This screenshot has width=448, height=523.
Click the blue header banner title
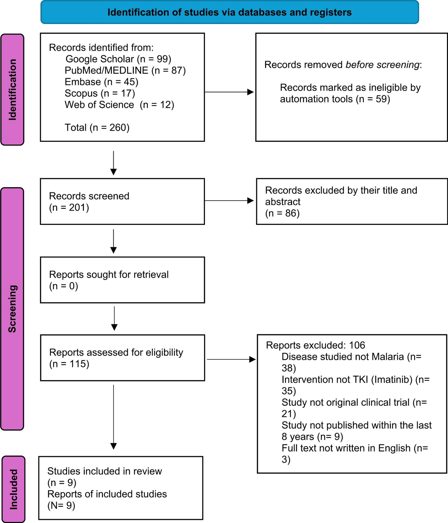pos(229,12)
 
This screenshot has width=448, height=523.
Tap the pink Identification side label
pos(12,90)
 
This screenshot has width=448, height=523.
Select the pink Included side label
pos(13,489)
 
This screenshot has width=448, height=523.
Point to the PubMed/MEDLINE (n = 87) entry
pos(125,70)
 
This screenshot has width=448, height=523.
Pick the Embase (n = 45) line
pos(102,82)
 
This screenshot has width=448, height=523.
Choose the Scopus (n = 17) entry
pos(100,93)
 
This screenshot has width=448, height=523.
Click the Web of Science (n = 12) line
pos(119,105)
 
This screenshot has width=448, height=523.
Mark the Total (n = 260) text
pos(97,127)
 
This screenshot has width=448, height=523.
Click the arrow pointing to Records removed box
pos(229,92)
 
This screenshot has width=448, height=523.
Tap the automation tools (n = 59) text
pos(335,99)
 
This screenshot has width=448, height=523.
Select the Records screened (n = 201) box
pos(122,201)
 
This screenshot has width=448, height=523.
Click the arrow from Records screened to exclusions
pos(229,201)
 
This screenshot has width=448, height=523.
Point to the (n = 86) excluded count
pos(282,213)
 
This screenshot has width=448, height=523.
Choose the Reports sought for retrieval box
pos(122,280)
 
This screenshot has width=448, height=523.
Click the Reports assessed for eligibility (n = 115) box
pos(122,358)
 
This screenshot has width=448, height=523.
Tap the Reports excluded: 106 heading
pos(315,345)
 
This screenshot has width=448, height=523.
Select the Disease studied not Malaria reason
pos(351,357)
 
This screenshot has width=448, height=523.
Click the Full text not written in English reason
pos(355,448)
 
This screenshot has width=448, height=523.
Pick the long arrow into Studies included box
pos(114,417)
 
